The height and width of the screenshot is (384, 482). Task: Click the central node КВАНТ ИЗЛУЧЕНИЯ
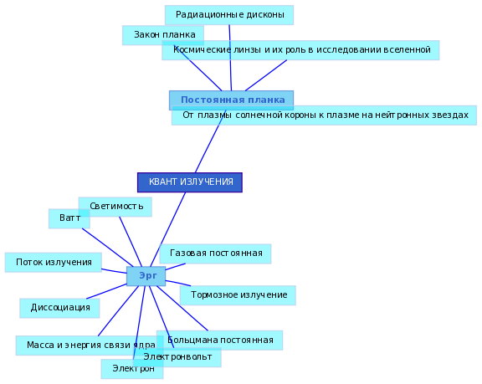pyautogui.click(x=190, y=182)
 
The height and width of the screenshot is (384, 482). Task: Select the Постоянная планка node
pyautogui.click(x=231, y=100)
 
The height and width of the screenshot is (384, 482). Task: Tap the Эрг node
pyautogui.click(x=146, y=276)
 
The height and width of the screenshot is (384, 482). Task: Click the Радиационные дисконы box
pyautogui.click(x=229, y=15)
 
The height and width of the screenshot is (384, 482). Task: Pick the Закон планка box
pyautogui.click(x=163, y=35)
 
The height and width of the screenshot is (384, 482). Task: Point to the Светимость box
pyautogui.click(x=115, y=207)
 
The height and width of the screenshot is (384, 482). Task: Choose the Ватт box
pyautogui.click(x=69, y=218)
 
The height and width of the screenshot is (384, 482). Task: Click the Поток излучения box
pyautogui.click(x=54, y=263)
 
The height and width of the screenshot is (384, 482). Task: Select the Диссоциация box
pyautogui.click(x=59, y=308)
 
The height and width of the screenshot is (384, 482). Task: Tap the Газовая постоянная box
pyautogui.click(x=215, y=253)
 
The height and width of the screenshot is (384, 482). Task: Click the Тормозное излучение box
pyautogui.click(x=238, y=295)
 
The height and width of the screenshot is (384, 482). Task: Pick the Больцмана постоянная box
pyautogui.click(x=219, y=340)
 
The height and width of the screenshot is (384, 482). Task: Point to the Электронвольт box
pyautogui.click(x=177, y=357)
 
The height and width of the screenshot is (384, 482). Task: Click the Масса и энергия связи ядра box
pyautogui.click(x=90, y=346)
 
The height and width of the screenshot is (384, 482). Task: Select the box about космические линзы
pyautogui.click(x=300, y=50)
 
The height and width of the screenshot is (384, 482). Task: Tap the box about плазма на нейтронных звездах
pyautogui.click(x=324, y=115)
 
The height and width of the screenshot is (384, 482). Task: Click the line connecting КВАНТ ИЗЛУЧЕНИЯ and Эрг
pyautogui.click(x=168, y=229)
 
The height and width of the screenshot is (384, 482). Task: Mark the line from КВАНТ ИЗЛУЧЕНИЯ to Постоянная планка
pyautogui.click(x=211, y=141)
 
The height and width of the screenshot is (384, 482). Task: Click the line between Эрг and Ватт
pyautogui.click(x=108, y=248)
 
